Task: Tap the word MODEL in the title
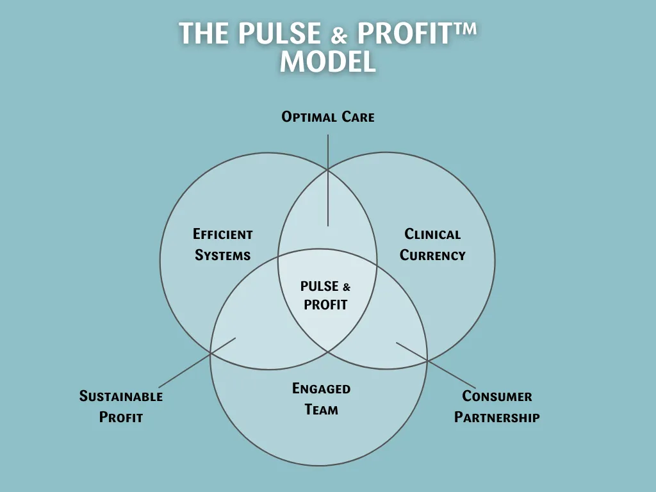point(328,62)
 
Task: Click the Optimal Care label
point(328,117)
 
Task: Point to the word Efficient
point(223,234)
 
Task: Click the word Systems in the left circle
point(222,255)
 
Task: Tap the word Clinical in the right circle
point(432,234)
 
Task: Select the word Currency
point(432,255)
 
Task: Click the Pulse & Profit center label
point(325,295)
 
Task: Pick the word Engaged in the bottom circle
point(322,388)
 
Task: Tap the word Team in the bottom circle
point(322,409)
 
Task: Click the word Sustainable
point(121,397)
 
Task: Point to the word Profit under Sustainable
point(121,418)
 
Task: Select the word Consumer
point(497,397)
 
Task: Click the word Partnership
point(497,418)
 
